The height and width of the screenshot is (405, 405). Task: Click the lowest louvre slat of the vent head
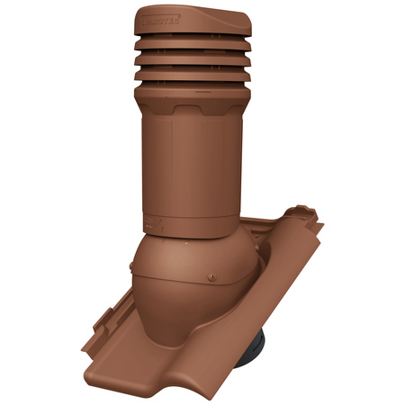point(192,76)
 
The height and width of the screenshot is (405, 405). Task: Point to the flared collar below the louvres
point(192,91)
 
